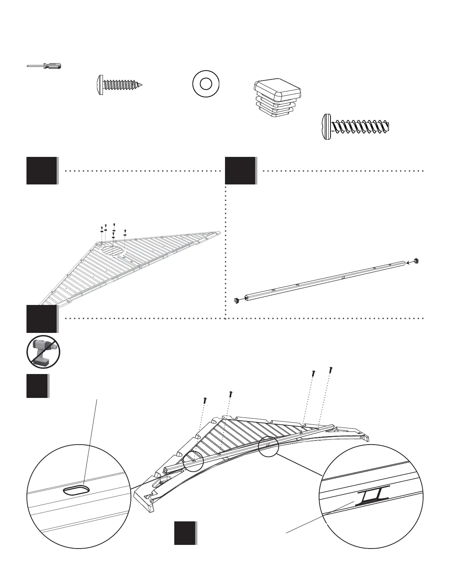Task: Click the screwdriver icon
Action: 44,66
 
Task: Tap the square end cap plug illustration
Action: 278,98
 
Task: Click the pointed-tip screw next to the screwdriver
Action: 119,85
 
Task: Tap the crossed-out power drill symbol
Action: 43,352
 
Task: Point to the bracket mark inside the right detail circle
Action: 372,496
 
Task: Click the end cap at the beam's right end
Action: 416,261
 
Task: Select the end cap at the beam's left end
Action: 237,300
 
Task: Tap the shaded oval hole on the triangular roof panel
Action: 113,251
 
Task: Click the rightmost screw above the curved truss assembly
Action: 331,369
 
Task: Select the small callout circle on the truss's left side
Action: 193,461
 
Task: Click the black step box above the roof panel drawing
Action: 42,170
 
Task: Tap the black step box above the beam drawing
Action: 240,170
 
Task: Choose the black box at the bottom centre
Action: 185,533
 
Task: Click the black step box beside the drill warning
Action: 42,319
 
